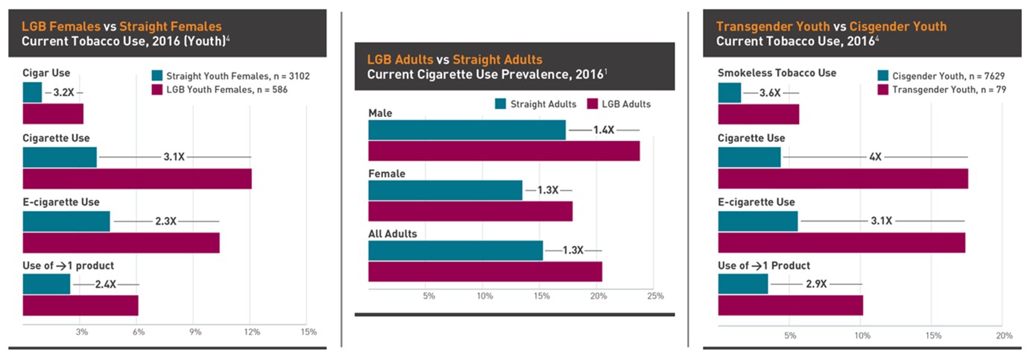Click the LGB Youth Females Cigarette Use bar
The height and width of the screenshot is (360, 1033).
coord(137,179)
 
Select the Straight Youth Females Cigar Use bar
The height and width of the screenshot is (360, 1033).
coord(32,92)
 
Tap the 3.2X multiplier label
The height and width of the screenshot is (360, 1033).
coord(64,93)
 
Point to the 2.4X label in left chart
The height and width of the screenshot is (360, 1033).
coord(105,284)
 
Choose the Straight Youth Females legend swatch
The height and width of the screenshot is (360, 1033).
coord(157,75)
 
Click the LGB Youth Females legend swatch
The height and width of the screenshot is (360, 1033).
coord(157,89)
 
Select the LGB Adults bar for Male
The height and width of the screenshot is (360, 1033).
coord(504,151)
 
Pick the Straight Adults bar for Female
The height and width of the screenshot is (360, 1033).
coord(445,191)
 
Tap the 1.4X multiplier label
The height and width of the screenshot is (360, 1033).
coord(603,130)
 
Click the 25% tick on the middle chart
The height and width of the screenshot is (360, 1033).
coord(655,297)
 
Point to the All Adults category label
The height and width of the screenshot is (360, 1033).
coord(393,233)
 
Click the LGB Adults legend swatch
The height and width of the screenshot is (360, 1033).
coord(594,104)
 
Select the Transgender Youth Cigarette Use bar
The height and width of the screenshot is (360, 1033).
coord(843,179)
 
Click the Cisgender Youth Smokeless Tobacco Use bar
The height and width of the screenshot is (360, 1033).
coord(730,92)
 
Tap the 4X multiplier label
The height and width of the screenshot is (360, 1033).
coord(875,157)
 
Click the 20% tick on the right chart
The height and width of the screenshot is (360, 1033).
coord(1004,335)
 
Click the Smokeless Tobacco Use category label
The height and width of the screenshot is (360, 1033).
coord(777,73)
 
